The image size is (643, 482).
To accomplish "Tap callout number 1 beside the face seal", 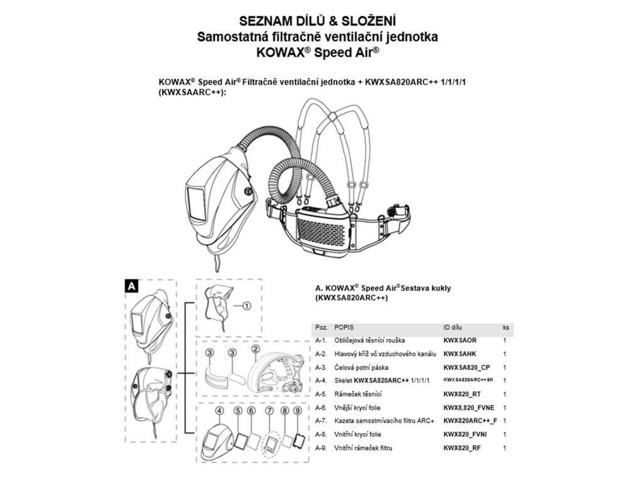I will click(x=246, y=306).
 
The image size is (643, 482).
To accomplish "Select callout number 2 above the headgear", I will click(x=256, y=349).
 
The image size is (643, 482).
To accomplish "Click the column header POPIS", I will click(x=345, y=328).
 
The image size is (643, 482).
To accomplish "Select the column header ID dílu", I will click(x=455, y=328).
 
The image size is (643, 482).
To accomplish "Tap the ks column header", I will click(x=505, y=328).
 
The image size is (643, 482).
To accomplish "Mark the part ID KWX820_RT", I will click(x=462, y=394).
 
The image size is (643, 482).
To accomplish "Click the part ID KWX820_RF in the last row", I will click(x=462, y=447).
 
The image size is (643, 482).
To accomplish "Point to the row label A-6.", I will click(x=321, y=407).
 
